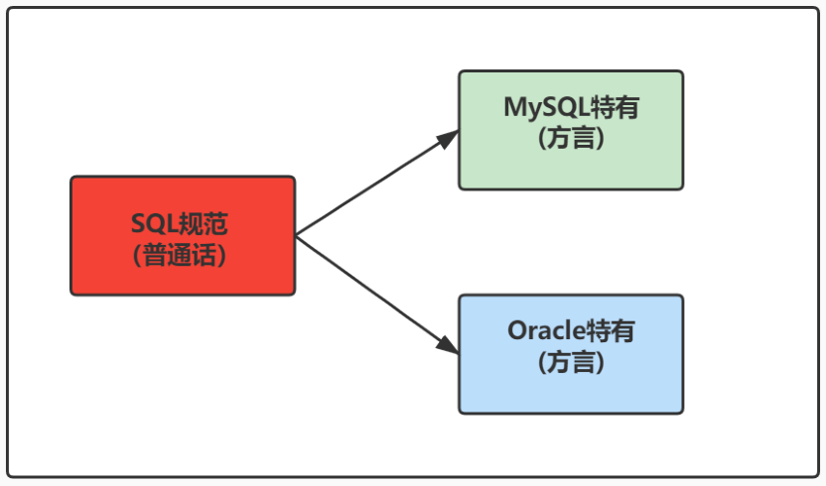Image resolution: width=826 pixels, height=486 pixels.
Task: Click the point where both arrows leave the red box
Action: tap(297, 236)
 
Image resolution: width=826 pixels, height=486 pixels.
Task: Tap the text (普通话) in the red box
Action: tap(183, 255)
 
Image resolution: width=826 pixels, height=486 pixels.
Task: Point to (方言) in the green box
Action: tap(571, 138)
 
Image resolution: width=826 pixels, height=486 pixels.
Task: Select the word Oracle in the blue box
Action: tap(547, 331)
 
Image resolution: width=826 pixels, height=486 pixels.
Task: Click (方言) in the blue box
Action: tap(571, 362)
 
